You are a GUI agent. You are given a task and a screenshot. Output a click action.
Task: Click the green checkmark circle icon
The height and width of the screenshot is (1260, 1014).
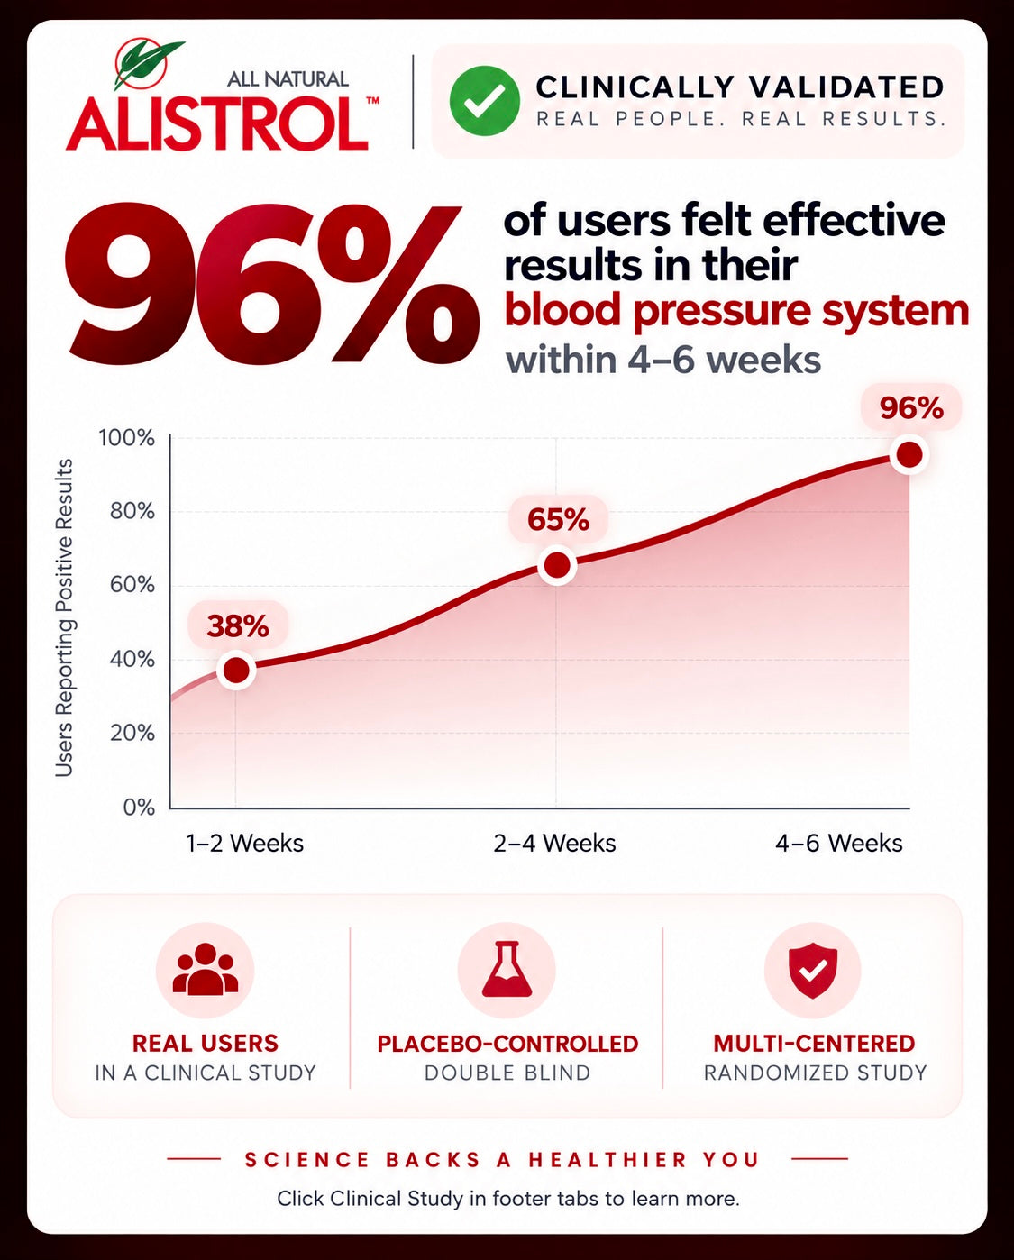[484, 101]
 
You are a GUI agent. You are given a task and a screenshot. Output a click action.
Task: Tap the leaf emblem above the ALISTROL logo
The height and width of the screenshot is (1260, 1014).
[150, 63]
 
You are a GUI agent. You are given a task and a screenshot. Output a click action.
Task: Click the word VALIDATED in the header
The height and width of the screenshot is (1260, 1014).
[846, 87]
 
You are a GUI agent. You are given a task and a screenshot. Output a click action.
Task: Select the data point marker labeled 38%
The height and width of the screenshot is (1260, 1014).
[236, 670]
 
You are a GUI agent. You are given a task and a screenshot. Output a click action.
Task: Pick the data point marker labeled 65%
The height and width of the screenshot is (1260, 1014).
[557, 566]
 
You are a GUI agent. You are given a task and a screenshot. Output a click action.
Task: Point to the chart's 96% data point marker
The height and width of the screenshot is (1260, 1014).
[909, 454]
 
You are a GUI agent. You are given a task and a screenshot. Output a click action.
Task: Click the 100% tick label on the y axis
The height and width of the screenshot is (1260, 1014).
[126, 438]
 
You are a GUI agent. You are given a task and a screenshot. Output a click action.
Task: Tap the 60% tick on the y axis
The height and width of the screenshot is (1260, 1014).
[132, 584]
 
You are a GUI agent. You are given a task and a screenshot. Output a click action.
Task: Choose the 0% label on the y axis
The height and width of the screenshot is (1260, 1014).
[139, 808]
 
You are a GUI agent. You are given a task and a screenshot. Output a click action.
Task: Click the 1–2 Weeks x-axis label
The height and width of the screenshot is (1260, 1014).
[245, 844]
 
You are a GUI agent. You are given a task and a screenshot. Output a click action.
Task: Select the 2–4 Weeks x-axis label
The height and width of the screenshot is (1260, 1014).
[554, 844]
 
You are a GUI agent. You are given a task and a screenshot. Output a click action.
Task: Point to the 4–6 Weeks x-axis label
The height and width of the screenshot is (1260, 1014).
[839, 844]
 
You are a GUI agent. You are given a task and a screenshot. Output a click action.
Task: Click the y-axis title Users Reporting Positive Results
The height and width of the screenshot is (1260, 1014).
[64, 617]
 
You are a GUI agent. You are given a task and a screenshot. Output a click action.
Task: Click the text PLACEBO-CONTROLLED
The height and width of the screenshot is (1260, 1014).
[507, 1044]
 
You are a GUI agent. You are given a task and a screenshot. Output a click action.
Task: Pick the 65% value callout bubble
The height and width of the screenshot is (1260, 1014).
[559, 519]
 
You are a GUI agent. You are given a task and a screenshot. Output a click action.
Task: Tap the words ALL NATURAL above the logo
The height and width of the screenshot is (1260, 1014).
[288, 79]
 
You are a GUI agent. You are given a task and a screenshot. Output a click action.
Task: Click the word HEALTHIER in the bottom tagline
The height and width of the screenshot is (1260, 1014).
[607, 1159]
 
